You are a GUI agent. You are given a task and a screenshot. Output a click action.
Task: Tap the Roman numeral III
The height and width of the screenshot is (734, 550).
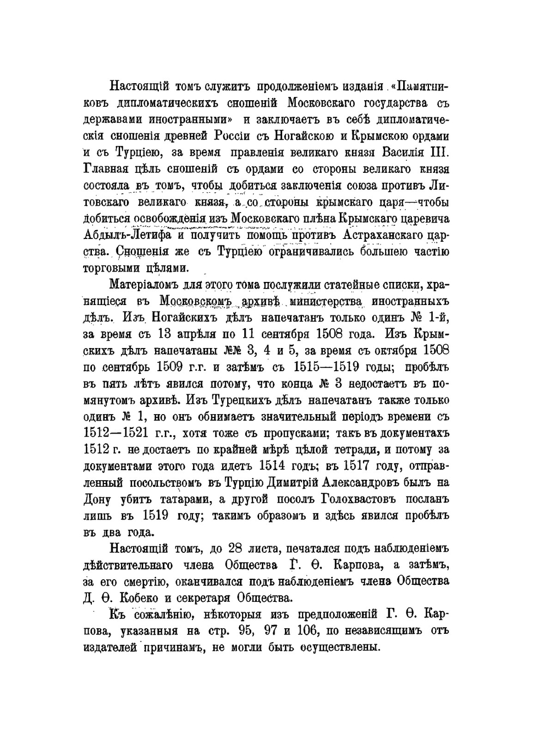[440, 153]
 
